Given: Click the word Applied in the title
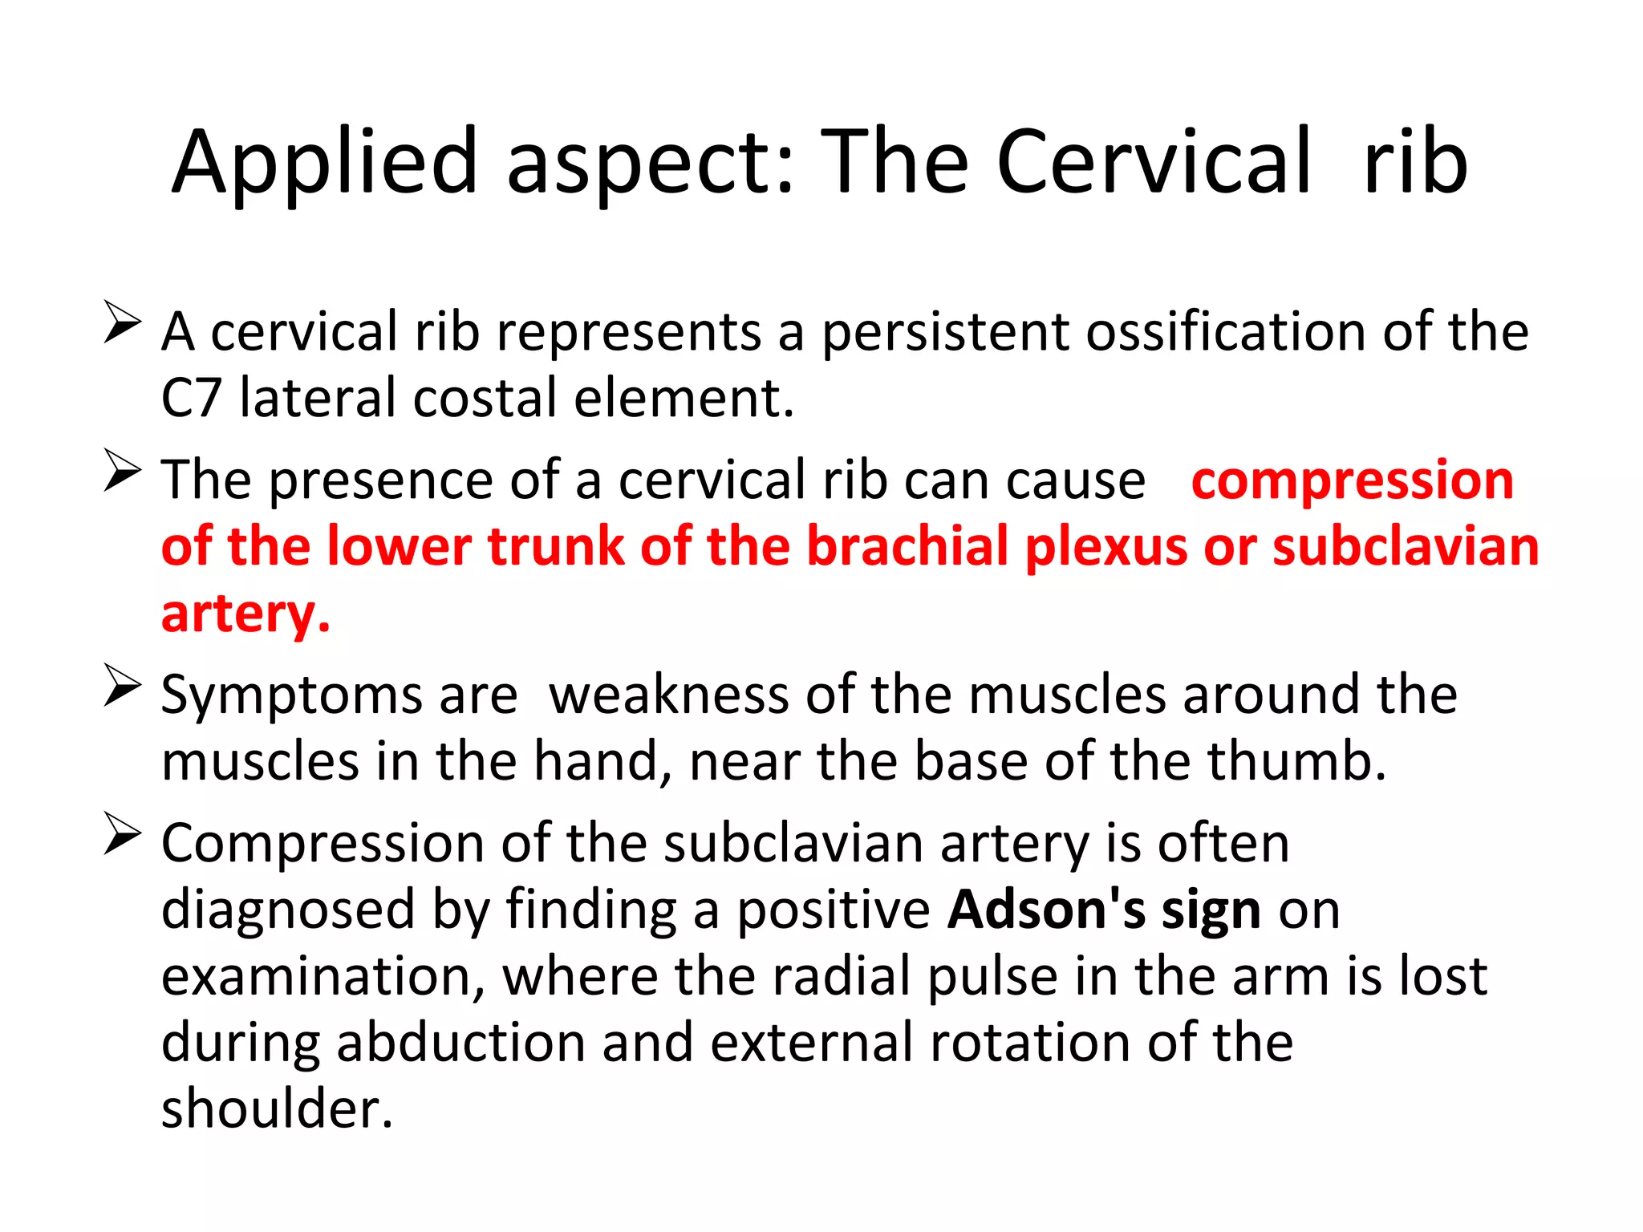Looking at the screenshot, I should pos(325,163).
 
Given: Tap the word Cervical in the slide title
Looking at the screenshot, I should pos(1154,163).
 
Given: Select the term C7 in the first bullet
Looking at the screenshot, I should pos(191,398).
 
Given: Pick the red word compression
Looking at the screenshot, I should pos(1352,480).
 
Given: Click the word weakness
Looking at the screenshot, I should pos(669,695).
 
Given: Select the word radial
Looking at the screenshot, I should pos(838,976).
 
